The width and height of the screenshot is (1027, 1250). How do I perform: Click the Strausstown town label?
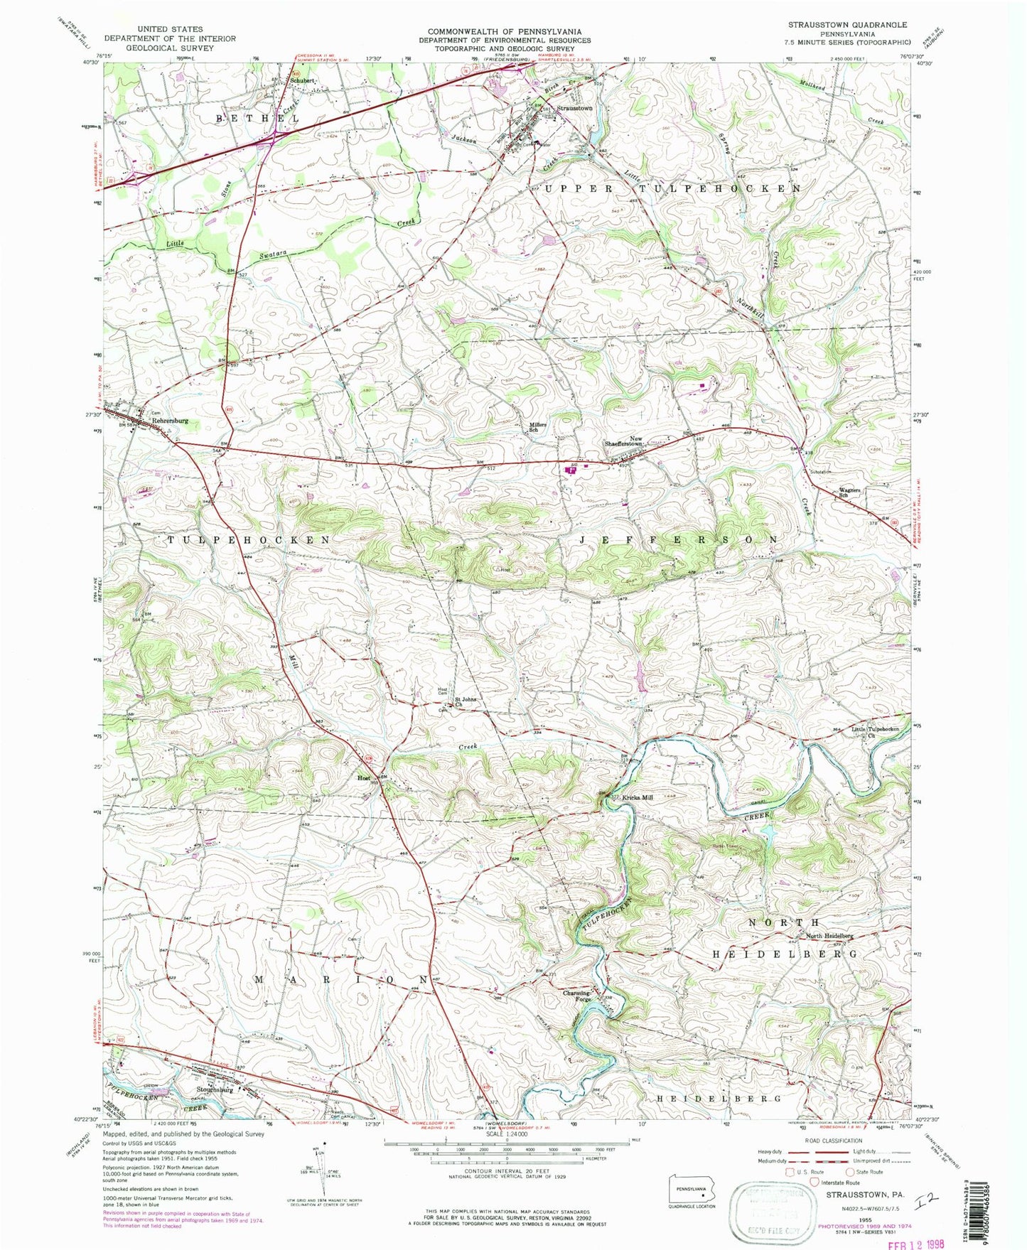pyautogui.click(x=575, y=108)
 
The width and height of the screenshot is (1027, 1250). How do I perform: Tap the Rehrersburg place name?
pyautogui.click(x=169, y=421)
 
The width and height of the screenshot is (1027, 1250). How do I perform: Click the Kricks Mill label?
pyautogui.click(x=638, y=797)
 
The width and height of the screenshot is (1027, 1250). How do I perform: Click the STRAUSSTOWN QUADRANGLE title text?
pyautogui.click(x=847, y=25)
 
